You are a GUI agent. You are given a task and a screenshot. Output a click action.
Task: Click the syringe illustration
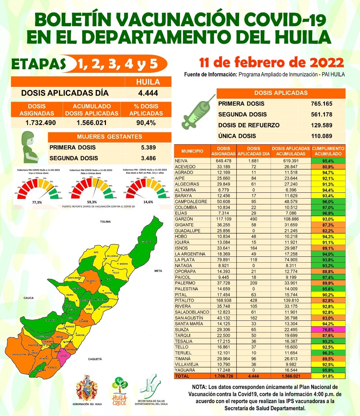(x=198, y=112)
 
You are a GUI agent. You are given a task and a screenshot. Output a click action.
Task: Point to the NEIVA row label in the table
(x=181, y=161)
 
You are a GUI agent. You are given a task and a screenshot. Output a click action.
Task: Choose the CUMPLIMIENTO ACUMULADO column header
(x=328, y=151)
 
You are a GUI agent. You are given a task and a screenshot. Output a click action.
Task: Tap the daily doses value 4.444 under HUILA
(x=148, y=93)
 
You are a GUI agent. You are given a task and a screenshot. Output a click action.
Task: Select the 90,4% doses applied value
(x=146, y=123)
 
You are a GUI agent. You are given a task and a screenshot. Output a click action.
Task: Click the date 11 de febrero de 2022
(x=271, y=62)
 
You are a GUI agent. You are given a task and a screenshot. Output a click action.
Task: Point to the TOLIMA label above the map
(x=105, y=222)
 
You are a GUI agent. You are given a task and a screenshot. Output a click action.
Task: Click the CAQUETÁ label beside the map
(x=95, y=359)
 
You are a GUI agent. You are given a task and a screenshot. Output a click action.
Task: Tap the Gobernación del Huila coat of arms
(x=87, y=388)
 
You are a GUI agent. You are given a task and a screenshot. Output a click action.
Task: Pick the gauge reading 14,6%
(x=148, y=202)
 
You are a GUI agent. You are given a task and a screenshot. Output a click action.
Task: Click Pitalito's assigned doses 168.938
(x=223, y=301)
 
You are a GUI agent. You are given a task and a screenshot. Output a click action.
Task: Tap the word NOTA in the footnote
(x=199, y=387)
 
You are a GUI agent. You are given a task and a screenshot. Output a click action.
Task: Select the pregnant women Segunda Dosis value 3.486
(x=148, y=158)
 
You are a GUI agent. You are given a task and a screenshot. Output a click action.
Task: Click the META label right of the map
(x=158, y=271)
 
